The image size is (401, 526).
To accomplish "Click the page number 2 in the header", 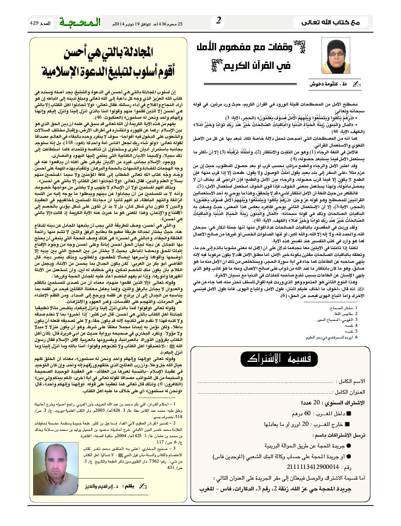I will pyautogui.click(x=219, y=21).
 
